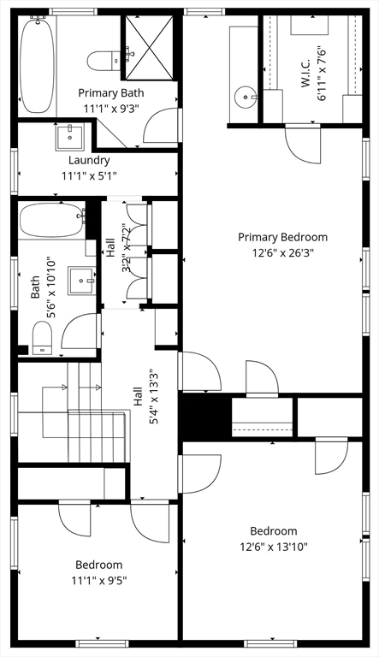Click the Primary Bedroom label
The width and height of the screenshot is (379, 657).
tap(282, 237)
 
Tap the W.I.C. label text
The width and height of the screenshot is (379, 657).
tap(305, 74)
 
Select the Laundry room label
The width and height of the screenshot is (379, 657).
tap(89, 161)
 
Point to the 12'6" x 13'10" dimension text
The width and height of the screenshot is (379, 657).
tap(274, 547)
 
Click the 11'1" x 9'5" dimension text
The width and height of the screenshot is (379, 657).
tap(99, 581)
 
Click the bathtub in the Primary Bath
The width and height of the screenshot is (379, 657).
tap(38, 64)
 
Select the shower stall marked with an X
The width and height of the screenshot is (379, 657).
tap(149, 47)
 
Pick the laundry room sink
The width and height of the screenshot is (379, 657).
tap(70, 137)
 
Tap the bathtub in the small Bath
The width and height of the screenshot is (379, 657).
tap(52, 220)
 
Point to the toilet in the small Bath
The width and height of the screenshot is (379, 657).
tap(42, 338)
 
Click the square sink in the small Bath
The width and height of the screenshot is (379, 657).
tap(82, 281)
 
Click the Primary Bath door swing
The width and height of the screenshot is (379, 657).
tap(161, 125)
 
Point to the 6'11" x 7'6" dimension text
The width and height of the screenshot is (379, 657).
tap(322, 74)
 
